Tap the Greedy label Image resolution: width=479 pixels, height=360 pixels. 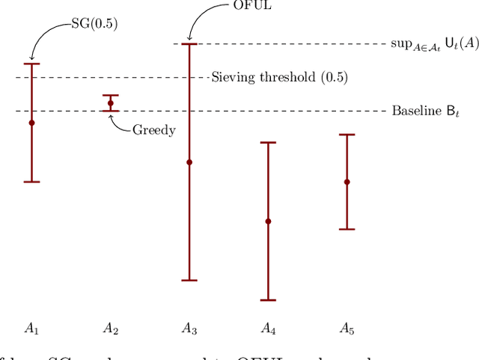pos(153,130)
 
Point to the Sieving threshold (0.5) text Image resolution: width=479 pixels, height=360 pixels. pos(279,77)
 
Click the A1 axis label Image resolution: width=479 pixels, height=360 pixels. pos(31,328)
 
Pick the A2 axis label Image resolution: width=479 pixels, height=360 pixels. pos(111,328)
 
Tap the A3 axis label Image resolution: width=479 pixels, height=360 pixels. pos(189,328)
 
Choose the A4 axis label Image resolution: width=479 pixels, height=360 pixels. pos(268,328)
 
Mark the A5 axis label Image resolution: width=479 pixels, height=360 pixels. pos(347,328)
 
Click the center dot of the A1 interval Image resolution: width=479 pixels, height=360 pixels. pos(31,123)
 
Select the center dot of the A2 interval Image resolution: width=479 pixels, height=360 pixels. pos(111,103)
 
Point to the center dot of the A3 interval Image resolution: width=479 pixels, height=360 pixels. pos(189,162)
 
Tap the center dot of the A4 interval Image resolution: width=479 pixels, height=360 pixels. pos(268,221)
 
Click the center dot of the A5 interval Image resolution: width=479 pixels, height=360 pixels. pos(347,182)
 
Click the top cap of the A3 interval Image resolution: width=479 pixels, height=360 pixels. pos(189,44)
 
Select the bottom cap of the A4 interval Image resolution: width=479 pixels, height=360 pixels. pos(268,300)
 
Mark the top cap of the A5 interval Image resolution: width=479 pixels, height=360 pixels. pos(347,135)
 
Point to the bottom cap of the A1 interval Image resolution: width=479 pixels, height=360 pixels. pos(31,182)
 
